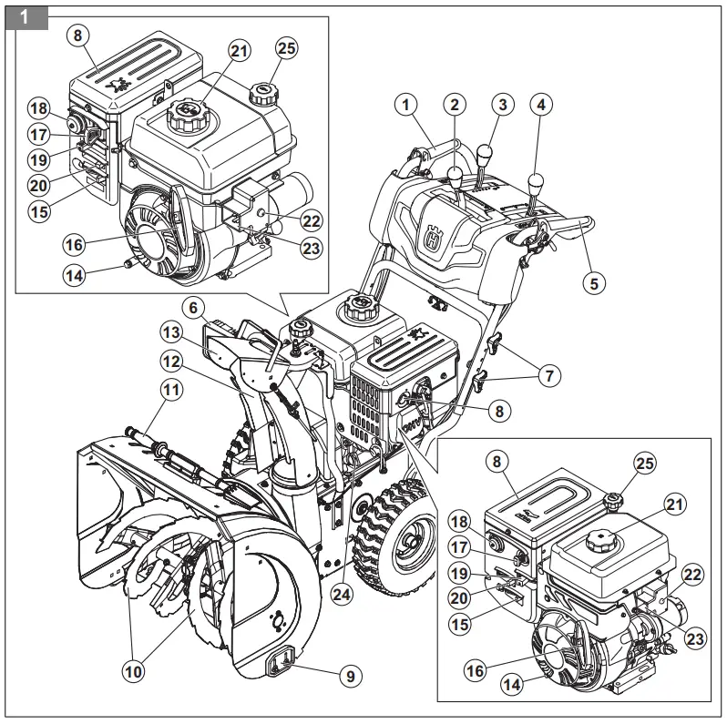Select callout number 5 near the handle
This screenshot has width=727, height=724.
[x=593, y=282]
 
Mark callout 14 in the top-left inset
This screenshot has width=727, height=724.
[x=77, y=274]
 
